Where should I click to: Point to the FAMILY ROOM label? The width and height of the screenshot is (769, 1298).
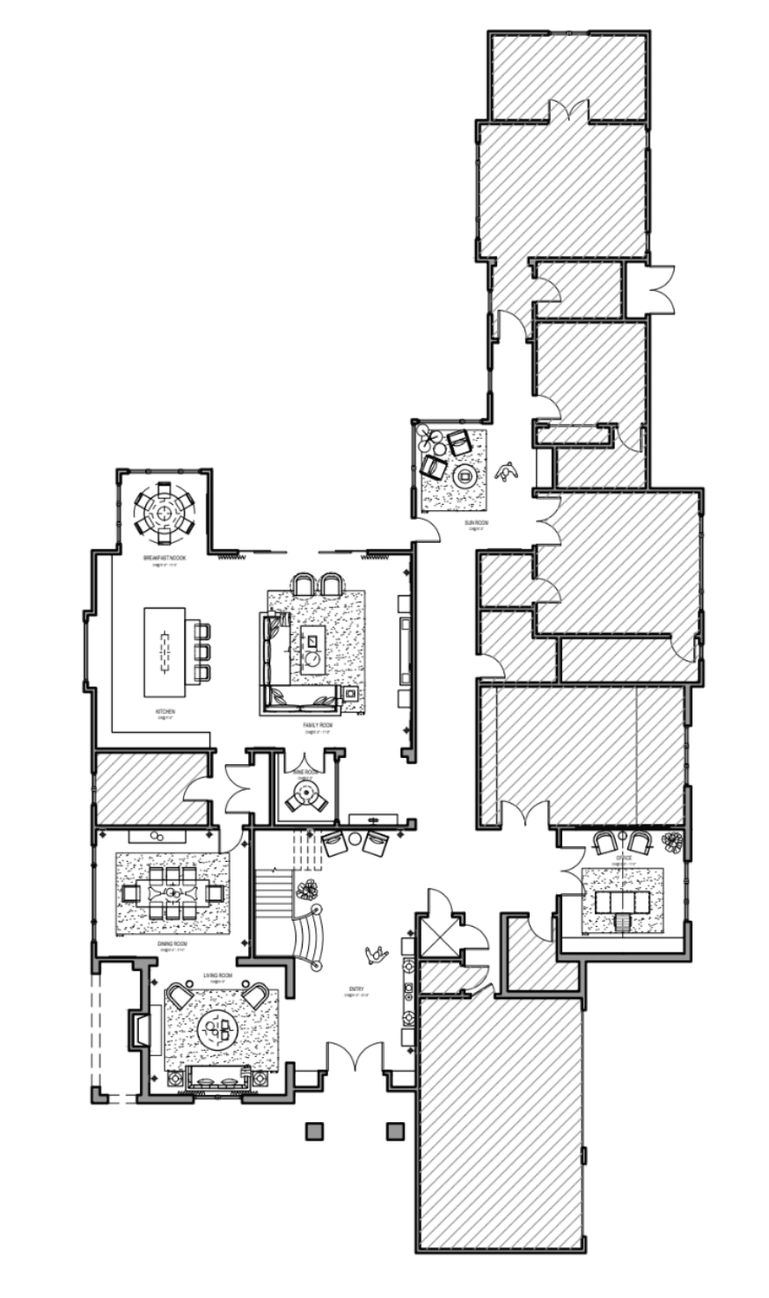coord(318,726)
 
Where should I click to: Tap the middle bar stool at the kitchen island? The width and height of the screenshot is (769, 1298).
coord(202,652)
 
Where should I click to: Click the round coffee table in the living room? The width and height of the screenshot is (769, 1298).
coord(216,1028)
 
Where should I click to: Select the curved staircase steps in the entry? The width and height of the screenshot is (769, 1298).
coord(307,937)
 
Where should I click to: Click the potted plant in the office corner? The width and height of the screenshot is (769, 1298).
coord(673,842)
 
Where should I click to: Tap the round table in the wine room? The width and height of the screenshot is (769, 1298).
coord(304,796)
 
